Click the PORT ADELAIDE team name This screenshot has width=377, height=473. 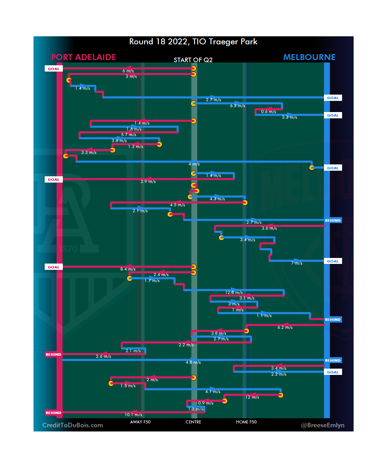(x=83, y=57)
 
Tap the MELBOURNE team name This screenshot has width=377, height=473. (x=309, y=57)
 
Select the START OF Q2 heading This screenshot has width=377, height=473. (x=193, y=60)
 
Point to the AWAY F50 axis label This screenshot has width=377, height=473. (x=140, y=422)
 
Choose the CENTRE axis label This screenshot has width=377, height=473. (x=193, y=422)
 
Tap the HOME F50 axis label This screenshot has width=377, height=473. (x=246, y=422)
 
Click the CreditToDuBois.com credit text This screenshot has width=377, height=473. (x=73, y=425)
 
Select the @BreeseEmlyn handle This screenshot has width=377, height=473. (x=323, y=425)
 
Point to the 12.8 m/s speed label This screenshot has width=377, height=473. (x=234, y=293)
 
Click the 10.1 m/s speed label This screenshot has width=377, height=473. (x=133, y=415)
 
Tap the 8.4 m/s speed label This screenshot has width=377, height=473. (x=128, y=269)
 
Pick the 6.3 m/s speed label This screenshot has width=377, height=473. (x=237, y=106)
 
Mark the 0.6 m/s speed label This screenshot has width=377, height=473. (x=268, y=112)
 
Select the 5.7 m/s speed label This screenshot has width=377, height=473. (x=128, y=135)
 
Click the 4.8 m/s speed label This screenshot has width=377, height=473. (x=193, y=362)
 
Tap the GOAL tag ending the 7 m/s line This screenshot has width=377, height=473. (x=333, y=261)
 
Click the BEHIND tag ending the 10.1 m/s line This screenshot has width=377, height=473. (x=53, y=413)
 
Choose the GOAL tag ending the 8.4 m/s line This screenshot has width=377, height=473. (x=53, y=267)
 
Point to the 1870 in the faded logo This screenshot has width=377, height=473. (x=68, y=249)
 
